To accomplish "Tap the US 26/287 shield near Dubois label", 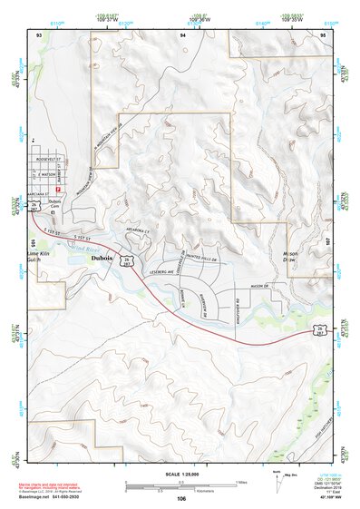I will (x=128, y=261).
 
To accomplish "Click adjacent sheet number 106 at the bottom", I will (x=181, y=498).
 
